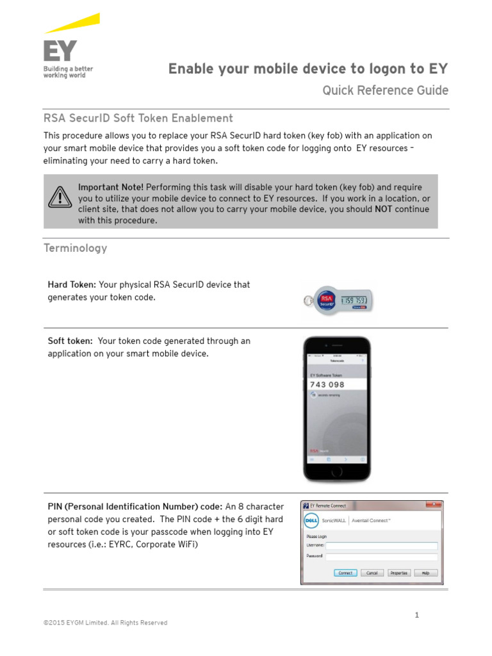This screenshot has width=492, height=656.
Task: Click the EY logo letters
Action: click(x=59, y=51)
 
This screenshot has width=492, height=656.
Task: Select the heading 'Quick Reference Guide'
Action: click(x=385, y=90)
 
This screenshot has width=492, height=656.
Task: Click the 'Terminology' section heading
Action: click(x=75, y=248)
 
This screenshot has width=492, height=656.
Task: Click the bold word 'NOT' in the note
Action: click(x=383, y=209)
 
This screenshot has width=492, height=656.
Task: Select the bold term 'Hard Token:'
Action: click(x=72, y=284)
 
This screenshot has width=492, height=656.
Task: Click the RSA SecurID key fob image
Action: click(x=338, y=300)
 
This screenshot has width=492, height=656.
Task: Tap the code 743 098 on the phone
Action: click(x=327, y=384)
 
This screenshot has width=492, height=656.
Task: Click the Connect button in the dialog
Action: click(x=345, y=573)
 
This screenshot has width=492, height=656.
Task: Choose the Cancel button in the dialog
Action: click(x=372, y=573)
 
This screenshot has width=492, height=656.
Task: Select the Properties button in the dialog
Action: click(x=399, y=573)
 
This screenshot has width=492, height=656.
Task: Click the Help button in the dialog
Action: click(x=425, y=573)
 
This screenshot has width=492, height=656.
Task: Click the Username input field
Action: click(x=382, y=546)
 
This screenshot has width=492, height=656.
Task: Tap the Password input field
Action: click(x=382, y=556)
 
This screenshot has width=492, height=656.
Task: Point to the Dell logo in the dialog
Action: click(x=311, y=520)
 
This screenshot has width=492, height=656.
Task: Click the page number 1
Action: click(x=416, y=615)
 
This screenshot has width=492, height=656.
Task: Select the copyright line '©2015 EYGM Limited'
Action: click(x=105, y=623)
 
